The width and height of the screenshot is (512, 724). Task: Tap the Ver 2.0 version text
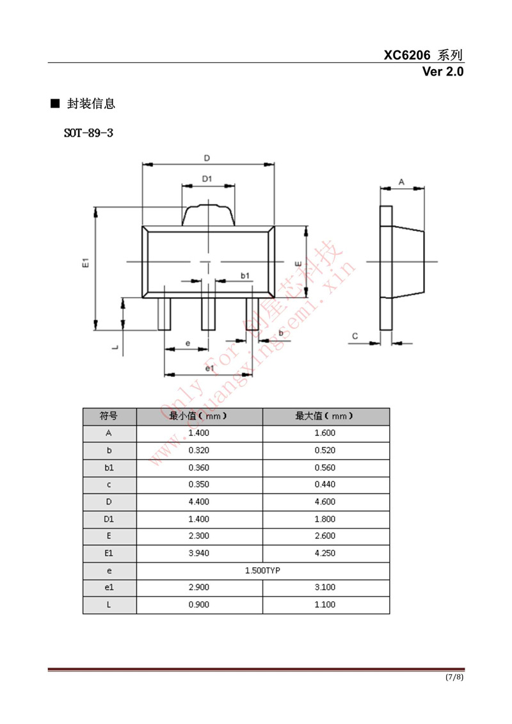point(442,71)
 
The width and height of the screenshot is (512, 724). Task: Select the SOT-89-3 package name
point(88,134)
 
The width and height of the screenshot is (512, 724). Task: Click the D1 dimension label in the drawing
point(207,179)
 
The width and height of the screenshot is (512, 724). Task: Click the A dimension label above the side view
point(401,182)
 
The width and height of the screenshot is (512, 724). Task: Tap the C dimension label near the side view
point(355,335)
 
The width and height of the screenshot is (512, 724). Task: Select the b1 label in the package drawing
point(244,275)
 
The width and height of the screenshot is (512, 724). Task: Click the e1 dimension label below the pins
point(209,368)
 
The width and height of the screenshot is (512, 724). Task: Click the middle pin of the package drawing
point(208,314)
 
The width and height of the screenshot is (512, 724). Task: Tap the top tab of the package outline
point(208,215)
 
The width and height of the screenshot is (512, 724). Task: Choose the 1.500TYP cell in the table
point(262,570)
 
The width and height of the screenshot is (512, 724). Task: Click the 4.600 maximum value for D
point(325,501)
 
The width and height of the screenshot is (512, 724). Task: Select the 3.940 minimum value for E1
point(199,553)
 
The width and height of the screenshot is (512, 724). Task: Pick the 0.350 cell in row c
point(199,485)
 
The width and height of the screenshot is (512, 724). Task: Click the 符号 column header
point(109,416)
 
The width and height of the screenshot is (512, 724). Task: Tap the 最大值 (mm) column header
point(325,416)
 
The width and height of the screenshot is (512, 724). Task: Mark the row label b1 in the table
point(109,467)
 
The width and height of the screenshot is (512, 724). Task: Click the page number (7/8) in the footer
point(454,677)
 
